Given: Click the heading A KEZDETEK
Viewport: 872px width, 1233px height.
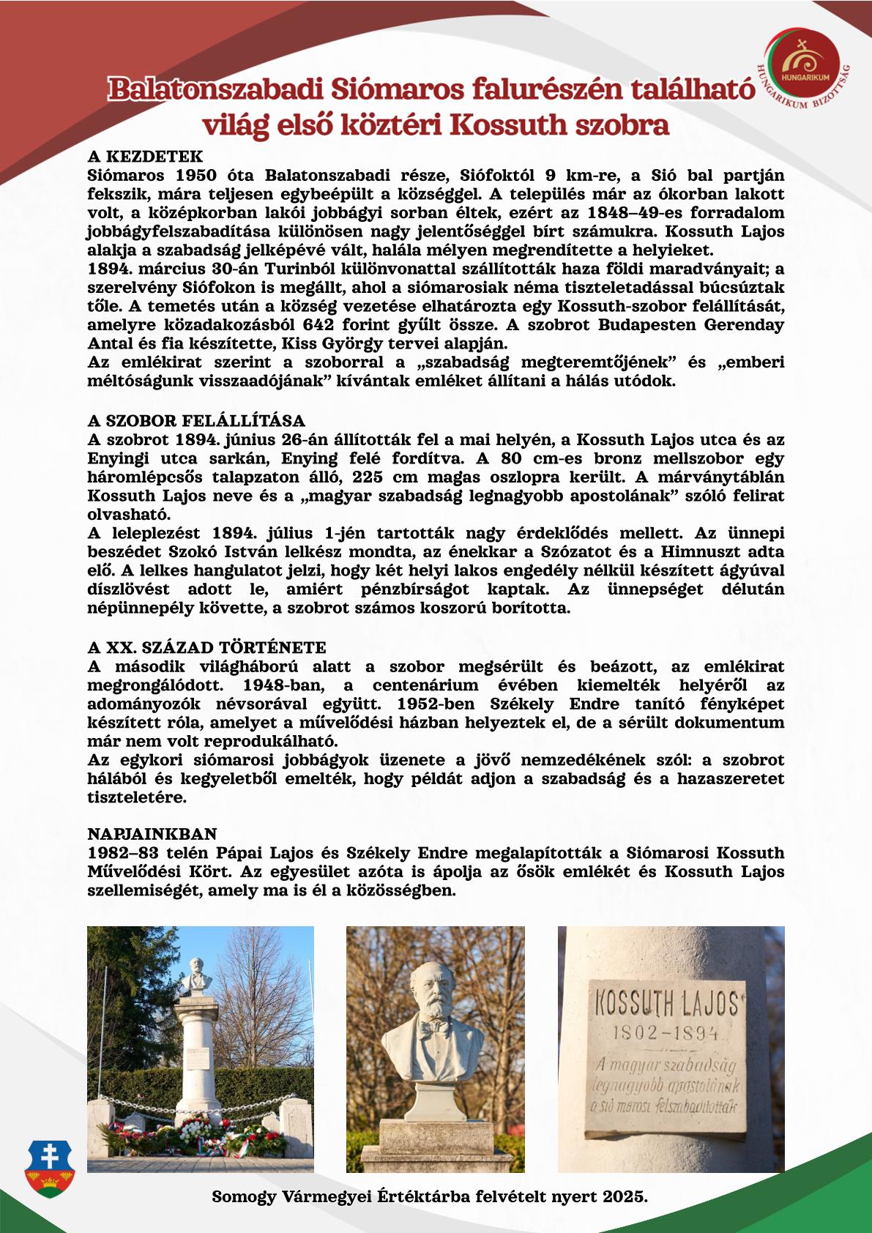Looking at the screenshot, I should pyautogui.click(x=144, y=157).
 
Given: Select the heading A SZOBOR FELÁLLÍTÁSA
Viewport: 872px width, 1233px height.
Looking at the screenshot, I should pyautogui.click(x=195, y=421).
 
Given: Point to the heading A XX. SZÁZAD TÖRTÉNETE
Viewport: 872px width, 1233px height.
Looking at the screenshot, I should pyautogui.click(x=206, y=648).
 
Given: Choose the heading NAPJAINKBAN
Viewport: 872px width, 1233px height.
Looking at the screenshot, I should pyautogui.click(x=152, y=834).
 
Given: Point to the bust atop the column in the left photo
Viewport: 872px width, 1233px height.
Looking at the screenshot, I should pyautogui.click(x=198, y=976).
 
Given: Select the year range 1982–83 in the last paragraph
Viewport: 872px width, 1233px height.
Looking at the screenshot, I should pyautogui.click(x=125, y=853).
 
